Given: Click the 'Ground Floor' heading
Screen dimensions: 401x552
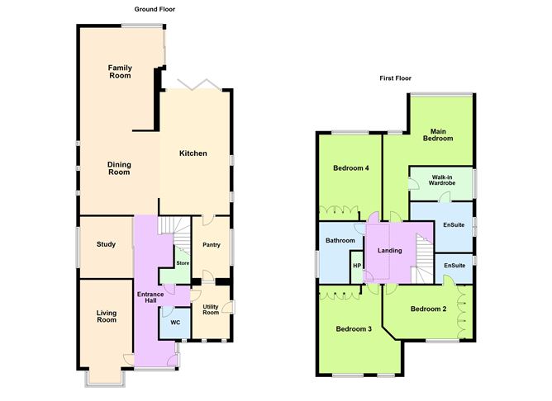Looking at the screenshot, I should (155, 9).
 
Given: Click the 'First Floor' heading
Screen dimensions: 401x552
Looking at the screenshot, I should (396, 79).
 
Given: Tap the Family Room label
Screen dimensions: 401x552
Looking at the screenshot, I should (121, 71).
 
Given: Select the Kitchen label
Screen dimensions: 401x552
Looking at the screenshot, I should (193, 153).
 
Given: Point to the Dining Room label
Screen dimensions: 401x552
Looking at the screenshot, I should (119, 168).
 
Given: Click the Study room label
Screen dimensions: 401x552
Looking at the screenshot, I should (105, 244).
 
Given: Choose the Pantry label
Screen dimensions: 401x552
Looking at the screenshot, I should (211, 244).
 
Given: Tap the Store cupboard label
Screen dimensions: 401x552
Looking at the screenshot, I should (183, 263).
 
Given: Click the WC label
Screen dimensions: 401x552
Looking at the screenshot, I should (174, 322).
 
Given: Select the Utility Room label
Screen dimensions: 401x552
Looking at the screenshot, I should (211, 309).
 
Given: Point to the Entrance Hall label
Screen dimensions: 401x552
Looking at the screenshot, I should (145, 296).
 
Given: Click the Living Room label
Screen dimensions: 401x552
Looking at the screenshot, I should (106, 316).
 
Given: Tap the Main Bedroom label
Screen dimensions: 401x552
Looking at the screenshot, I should (438, 134).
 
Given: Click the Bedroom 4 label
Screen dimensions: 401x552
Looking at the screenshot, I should (350, 168).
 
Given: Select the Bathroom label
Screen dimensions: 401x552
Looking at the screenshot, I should (340, 240).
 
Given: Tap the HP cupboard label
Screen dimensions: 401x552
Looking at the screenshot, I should (357, 266).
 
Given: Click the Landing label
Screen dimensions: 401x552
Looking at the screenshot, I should (389, 251).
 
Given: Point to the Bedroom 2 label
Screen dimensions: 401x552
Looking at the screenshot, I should (428, 309).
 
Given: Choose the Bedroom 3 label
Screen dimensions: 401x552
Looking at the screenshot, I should (353, 329).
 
